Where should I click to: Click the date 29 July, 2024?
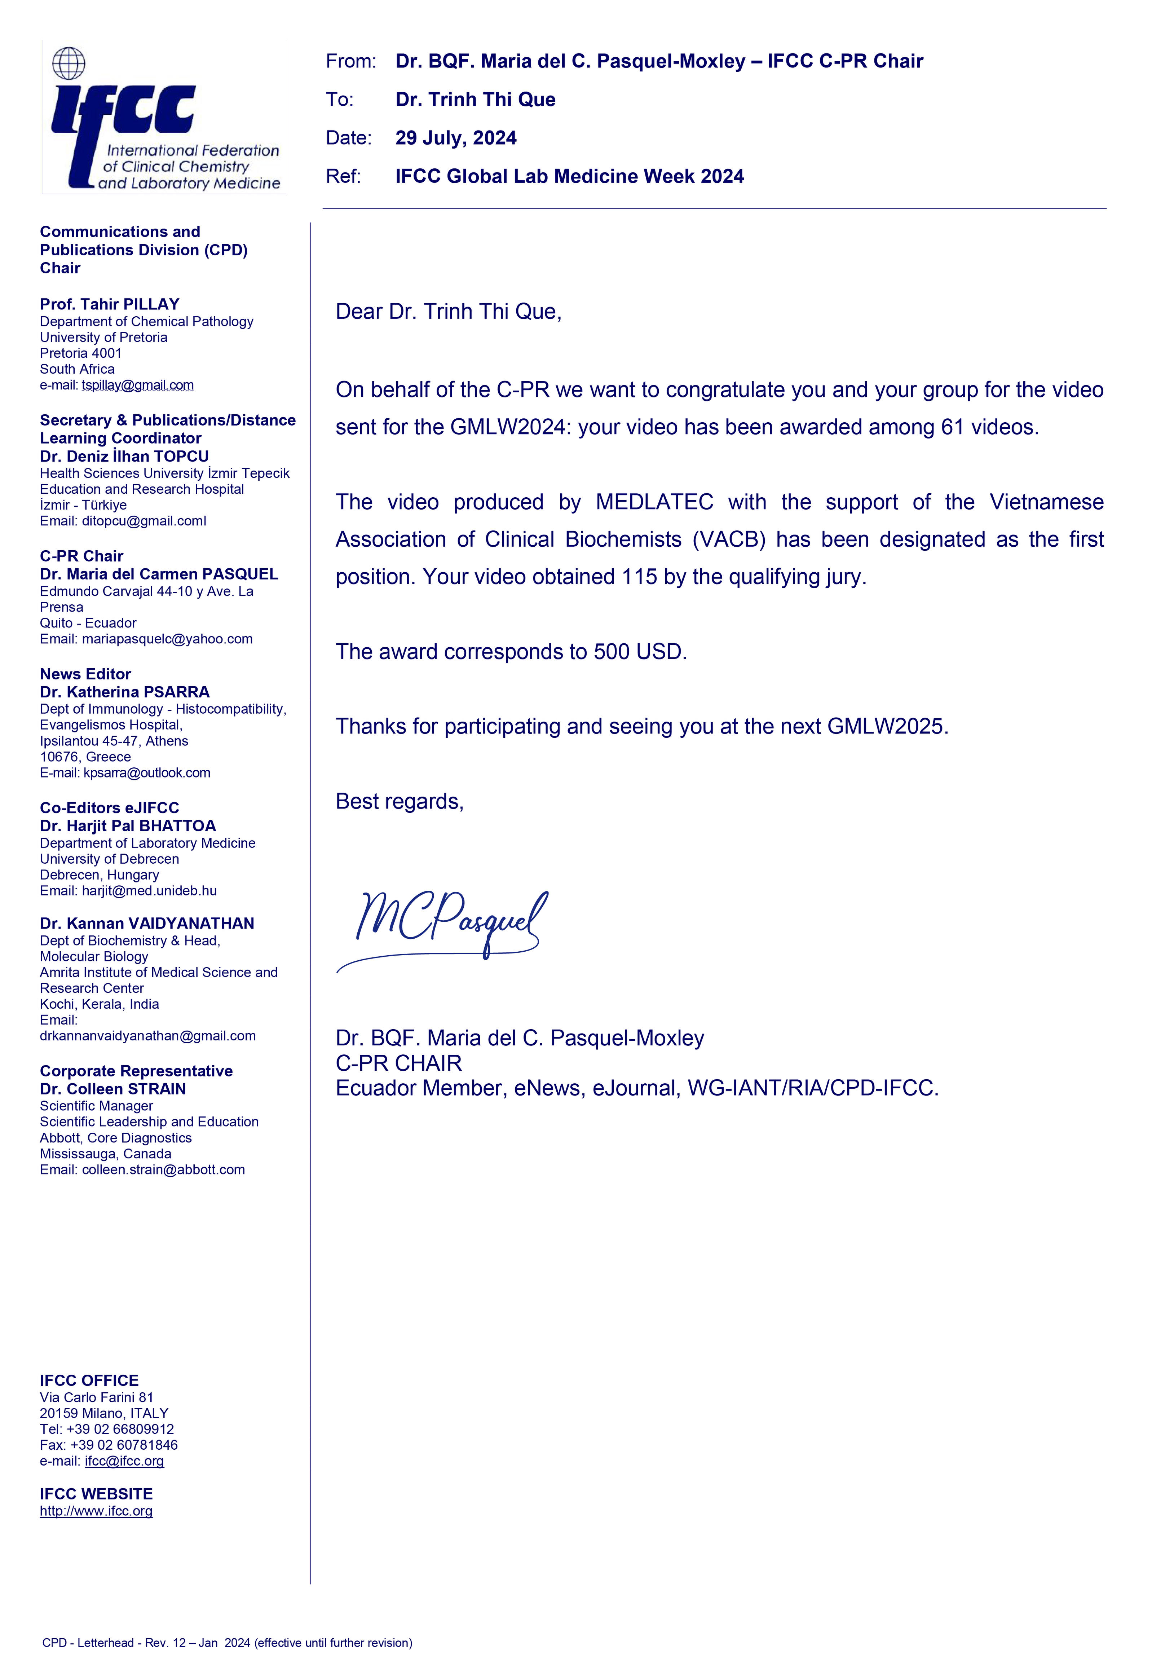pos(456,138)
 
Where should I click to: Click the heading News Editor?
pos(85,674)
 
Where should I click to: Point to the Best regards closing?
pos(399,802)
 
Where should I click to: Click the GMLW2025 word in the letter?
pos(886,726)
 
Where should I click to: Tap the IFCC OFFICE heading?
pos(89,1380)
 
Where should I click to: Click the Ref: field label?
pos(344,176)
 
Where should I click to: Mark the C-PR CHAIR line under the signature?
pos(398,1063)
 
